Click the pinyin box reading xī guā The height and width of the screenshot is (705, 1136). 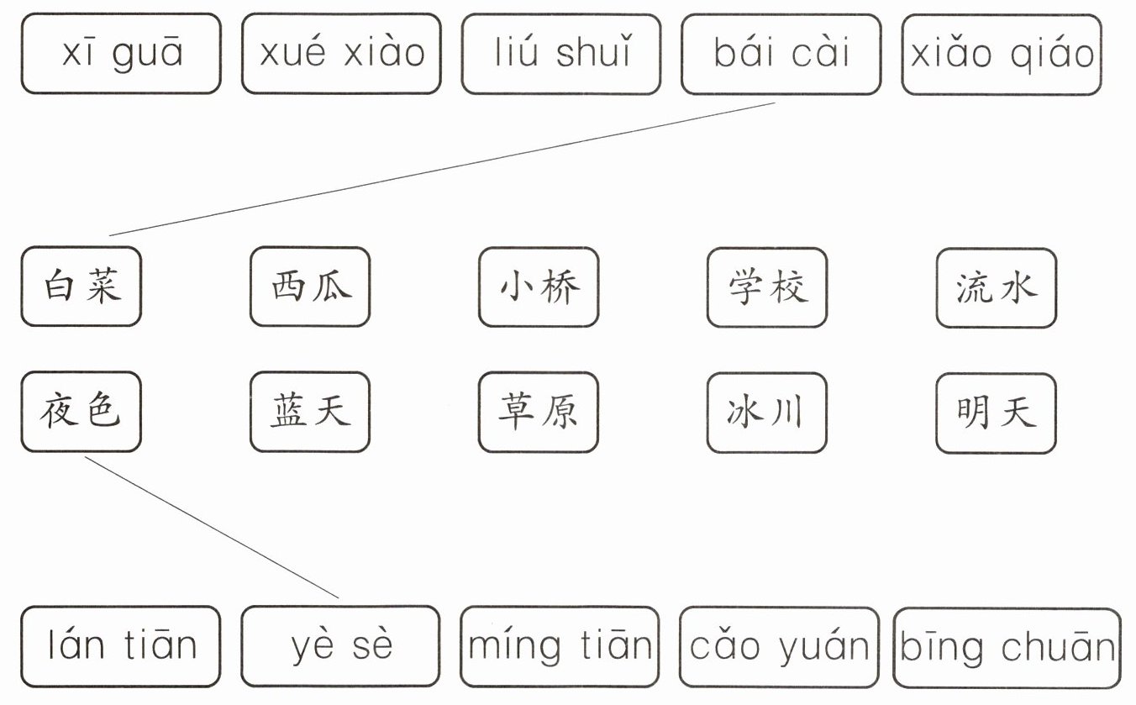(121, 53)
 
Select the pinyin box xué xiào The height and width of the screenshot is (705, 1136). (341, 53)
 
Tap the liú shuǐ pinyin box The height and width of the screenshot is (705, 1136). (561, 53)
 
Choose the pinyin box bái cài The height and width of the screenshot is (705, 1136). (781, 53)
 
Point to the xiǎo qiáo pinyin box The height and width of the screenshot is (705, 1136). (1002, 54)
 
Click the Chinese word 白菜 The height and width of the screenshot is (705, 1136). (82, 287)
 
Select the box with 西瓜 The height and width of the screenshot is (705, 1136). (310, 287)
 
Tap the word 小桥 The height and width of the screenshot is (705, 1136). (539, 287)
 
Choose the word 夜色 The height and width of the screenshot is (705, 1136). (82, 412)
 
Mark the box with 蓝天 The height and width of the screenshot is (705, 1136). (310, 412)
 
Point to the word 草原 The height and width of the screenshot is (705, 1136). (539, 412)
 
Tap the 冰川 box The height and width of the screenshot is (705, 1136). (767, 412)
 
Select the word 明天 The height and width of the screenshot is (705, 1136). (997, 413)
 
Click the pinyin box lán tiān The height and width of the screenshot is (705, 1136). (121, 646)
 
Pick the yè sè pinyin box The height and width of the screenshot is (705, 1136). (340, 646)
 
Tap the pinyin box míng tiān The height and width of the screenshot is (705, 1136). (560, 646)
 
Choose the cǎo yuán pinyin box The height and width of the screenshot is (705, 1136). (779, 646)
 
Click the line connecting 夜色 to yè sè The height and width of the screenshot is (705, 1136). (212, 527)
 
